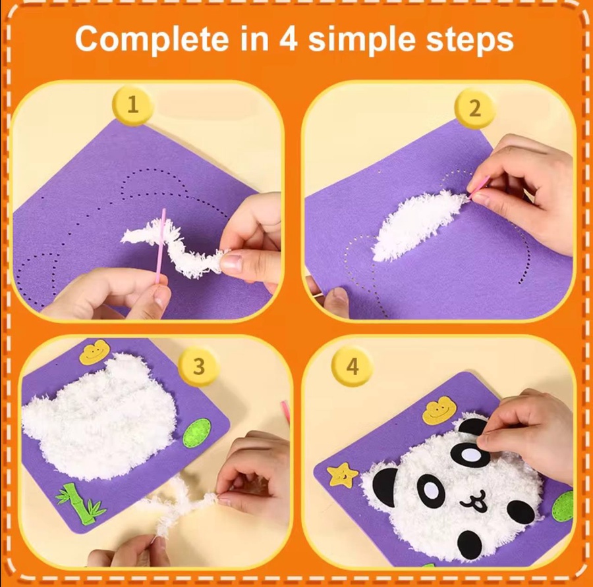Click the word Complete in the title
152,39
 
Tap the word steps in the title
469,39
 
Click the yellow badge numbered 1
132,105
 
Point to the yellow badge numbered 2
474,109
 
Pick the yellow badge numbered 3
198,366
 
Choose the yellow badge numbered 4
352,366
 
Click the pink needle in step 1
160,245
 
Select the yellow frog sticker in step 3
94,351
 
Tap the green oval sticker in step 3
196,433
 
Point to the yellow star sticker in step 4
342,474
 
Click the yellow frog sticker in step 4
437,412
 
